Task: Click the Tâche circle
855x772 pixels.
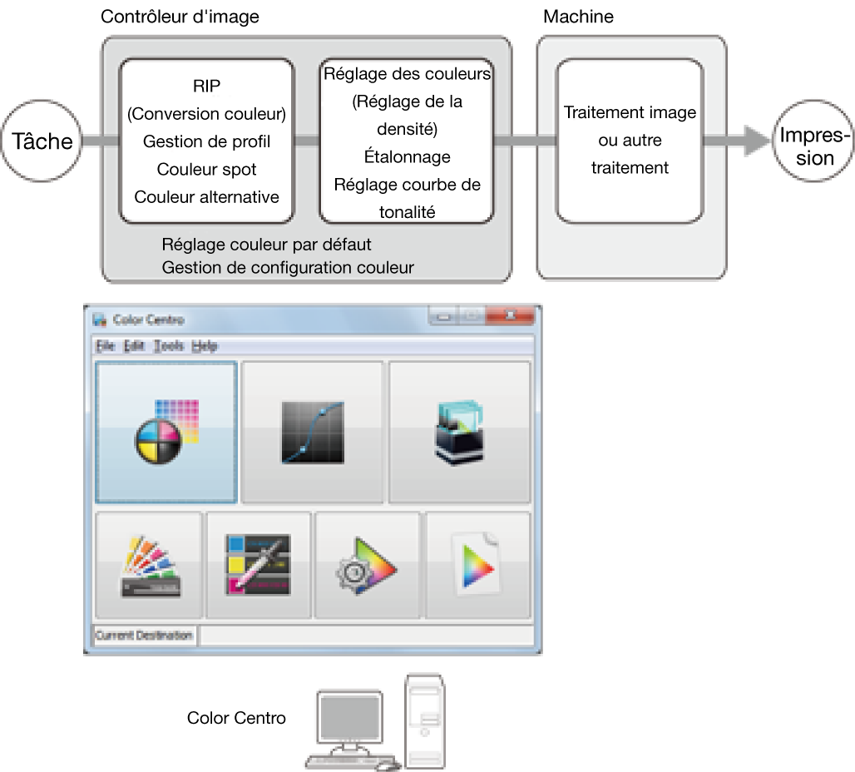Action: pos(42,141)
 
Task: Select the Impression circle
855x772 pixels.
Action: pos(811,141)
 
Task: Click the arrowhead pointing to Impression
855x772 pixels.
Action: pos(755,141)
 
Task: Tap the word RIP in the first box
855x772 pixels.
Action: pos(206,86)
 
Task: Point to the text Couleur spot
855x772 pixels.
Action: pos(206,170)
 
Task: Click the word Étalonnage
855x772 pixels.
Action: pos(407,156)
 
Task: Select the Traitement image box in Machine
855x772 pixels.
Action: pos(630,140)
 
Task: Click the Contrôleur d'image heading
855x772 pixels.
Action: pos(180,17)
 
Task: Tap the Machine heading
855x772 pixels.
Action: pos(578,17)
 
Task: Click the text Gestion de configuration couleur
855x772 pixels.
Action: pos(288,267)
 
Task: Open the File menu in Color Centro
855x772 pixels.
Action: pos(105,346)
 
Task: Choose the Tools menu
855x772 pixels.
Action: pos(169,346)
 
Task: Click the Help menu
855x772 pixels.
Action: pos(205,346)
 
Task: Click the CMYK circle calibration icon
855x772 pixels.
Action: pos(166,432)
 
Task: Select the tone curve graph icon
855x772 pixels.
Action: pos(312,432)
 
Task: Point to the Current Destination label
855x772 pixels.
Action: pos(144,636)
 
